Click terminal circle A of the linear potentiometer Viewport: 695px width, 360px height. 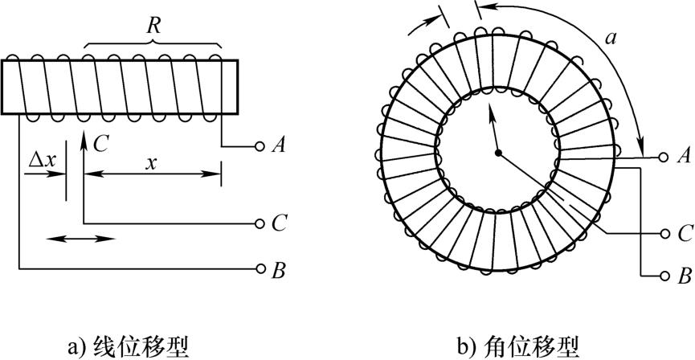point(259,146)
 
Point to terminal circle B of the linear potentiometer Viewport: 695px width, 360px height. point(259,268)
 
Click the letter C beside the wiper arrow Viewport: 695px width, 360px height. point(100,143)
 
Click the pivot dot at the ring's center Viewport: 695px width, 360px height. point(498,153)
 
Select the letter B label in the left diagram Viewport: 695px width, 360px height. point(279,268)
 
